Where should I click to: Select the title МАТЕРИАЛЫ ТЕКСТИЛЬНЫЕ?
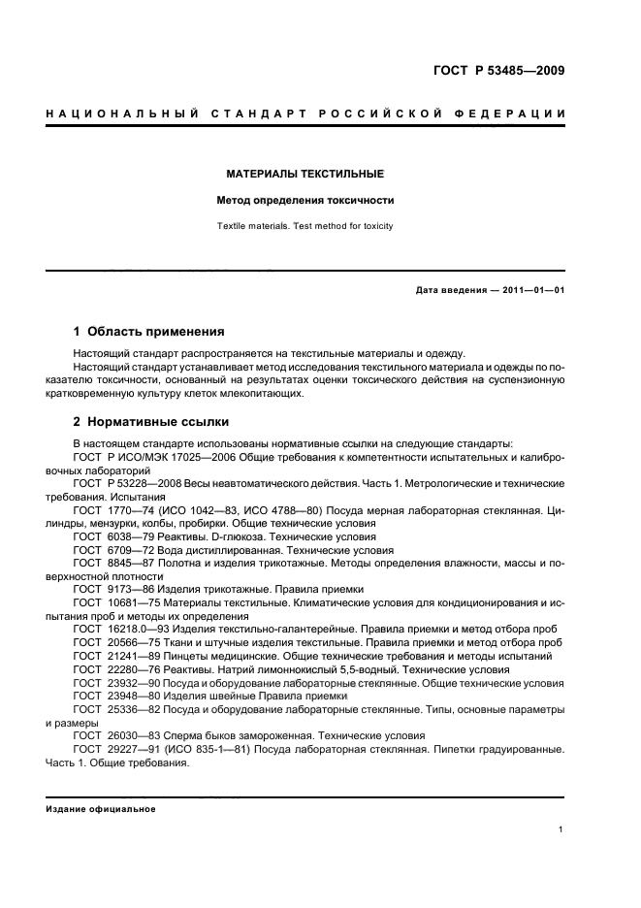coord(305,175)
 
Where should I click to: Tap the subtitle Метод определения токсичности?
coord(305,201)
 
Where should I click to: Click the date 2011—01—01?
coord(531,290)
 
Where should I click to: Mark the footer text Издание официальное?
coord(100,808)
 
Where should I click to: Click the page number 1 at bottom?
coord(561,829)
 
